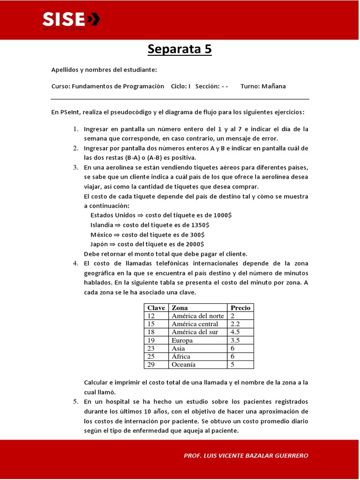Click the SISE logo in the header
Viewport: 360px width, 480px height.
(71, 20)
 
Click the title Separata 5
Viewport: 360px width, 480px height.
(180, 49)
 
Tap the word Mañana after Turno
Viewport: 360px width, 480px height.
(274, 86)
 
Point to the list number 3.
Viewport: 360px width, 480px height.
(75, 167)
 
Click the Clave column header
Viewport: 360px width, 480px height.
(156, 307)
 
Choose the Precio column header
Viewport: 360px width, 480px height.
(240, 307)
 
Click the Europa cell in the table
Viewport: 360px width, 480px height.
(182, 340)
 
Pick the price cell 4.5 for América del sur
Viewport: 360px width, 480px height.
(235, 332)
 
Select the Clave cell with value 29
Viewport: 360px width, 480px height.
(151, 364)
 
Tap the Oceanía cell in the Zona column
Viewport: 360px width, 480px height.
(184, 364)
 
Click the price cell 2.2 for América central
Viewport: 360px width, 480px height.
(235, 324)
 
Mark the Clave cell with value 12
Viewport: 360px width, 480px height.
(151, 316)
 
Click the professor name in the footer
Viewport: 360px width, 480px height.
(246, 455)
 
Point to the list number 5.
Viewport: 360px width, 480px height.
(75, 402)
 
